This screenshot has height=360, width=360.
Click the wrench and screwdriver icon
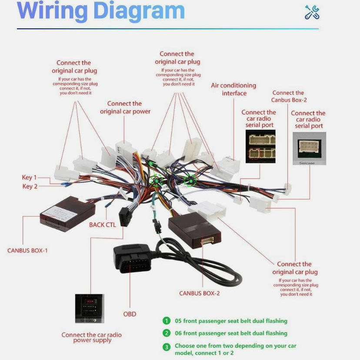point(312,13)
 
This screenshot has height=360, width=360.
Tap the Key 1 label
point(30,177)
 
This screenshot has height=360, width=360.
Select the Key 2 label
point(30,187)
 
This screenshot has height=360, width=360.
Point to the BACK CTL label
point(103,225)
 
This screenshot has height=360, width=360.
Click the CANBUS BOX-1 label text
point(27,251)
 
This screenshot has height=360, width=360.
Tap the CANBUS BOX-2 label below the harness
point(200,293)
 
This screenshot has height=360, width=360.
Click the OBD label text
point(130,314)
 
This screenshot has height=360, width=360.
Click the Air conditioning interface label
point(233,89)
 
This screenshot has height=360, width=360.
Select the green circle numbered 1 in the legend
point(167,321)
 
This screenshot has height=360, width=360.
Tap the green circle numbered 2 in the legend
point(167,333)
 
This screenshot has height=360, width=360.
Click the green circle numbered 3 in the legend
point(167,347)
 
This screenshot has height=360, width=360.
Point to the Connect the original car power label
point(125,107)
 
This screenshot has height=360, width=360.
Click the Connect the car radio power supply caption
point(91,337)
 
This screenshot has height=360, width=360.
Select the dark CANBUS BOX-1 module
point(67,213)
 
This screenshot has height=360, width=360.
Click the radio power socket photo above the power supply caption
point(90,308)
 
